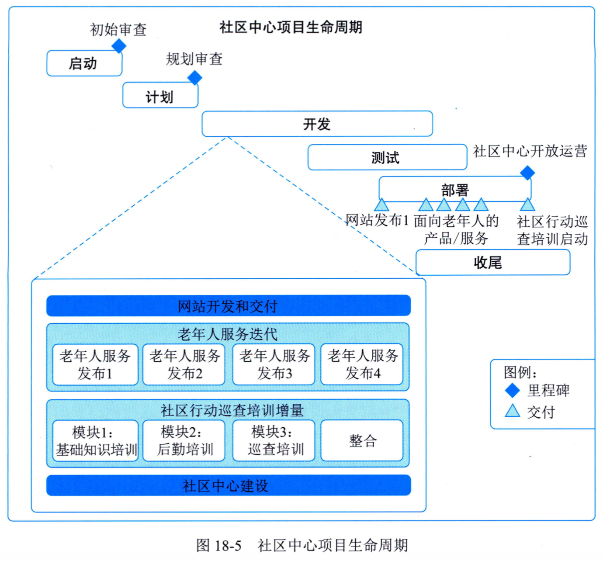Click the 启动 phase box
pos(84,63)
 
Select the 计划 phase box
pos(160,95)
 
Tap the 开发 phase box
pos(317,124)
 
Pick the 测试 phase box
pos(387,157)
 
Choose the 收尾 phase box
pos(493,262)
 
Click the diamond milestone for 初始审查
pos(119,46)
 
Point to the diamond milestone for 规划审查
pos(194,78)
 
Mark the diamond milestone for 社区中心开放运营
pos(527,173)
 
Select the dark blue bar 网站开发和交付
pos(229,305)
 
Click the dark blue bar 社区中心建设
pos(229,485)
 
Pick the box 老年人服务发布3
pos(274,364)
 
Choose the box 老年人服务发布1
pos(95,364)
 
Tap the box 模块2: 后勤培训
pos(184,441)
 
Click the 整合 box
pos(362,441)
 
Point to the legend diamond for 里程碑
pos(513,390)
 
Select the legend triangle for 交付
pos(513,411)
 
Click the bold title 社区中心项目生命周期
pos(291,27)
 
